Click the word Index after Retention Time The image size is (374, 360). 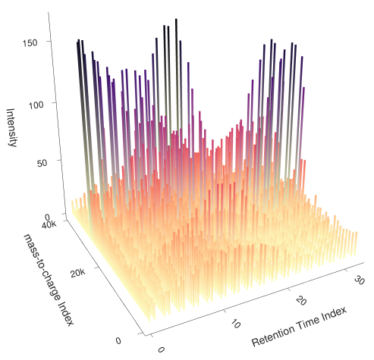pyautogui.click(x=338, y=311)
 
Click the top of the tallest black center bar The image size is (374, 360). pyautogui.click(x=177, y=20)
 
